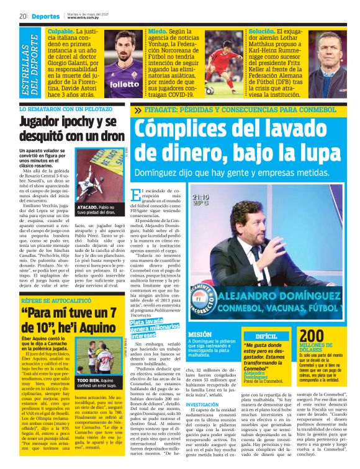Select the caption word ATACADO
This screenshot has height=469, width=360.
88,207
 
